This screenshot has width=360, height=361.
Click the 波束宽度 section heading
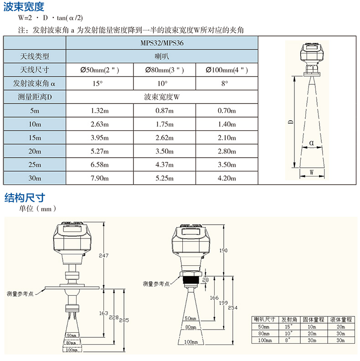[24, 6]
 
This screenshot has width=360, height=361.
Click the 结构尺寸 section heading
[25, 198]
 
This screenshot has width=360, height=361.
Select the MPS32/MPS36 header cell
[162, 43]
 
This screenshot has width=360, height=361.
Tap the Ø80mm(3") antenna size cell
[165, 70]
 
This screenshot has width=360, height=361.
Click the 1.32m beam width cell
[100, 111]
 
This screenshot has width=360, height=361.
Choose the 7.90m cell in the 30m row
[100, 178]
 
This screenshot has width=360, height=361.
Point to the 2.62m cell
[165, 138]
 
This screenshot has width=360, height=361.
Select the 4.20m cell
[227, 178]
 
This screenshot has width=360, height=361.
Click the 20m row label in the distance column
[35, 151]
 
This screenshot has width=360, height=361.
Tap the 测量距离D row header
[35, 97]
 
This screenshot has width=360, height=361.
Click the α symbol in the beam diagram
[311, 143]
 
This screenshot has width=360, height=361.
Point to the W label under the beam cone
[311, 172]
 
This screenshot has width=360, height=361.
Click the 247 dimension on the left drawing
[103, 255]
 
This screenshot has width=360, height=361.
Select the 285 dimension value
[124, 320]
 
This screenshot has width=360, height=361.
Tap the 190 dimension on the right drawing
[223, 250]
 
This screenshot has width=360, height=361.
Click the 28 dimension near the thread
[206, 280]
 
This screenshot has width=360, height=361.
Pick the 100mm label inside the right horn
[191, 342]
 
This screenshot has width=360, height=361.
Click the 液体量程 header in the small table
[341, 320]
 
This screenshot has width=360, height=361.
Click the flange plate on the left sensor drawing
[72, 288]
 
